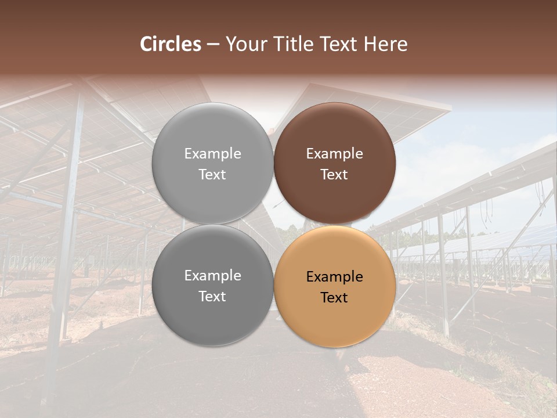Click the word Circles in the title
tap(171, 44)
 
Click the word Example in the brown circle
tap(335, 154)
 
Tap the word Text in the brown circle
tap(335, 175)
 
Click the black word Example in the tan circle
tap(335, 277)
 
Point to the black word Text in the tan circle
tap(335, 298)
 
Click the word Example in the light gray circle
tap(212, 154)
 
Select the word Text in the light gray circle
tap(212, 175)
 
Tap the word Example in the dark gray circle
tap(212, 276)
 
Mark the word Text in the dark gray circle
tap(212, 297)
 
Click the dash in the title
tap(213, 45)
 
